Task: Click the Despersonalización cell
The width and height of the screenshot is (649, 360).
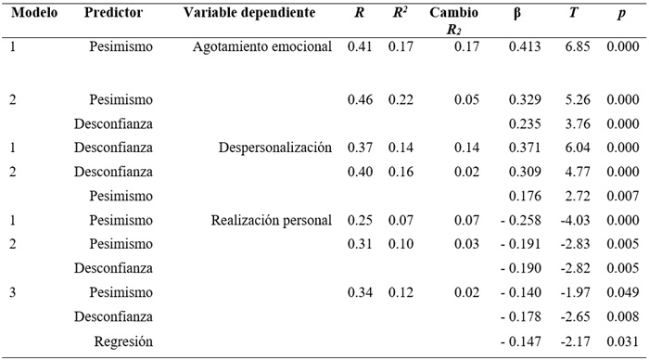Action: pyautogui.click(x=274, y=148)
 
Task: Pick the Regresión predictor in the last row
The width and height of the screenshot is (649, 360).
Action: pyautogui.click(x=123, y=341)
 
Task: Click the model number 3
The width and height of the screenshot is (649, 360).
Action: pyautogui.click(x=13, y=292)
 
